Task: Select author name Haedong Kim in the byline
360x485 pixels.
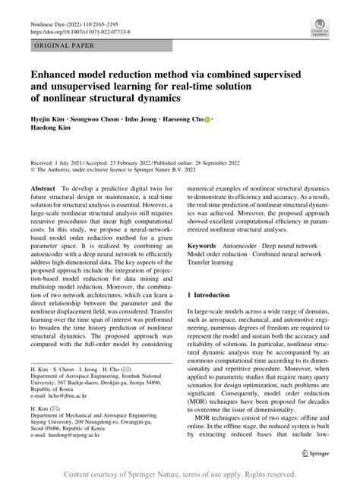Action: [x=54, y=131]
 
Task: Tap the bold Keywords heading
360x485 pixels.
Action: [x=205, y=247]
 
